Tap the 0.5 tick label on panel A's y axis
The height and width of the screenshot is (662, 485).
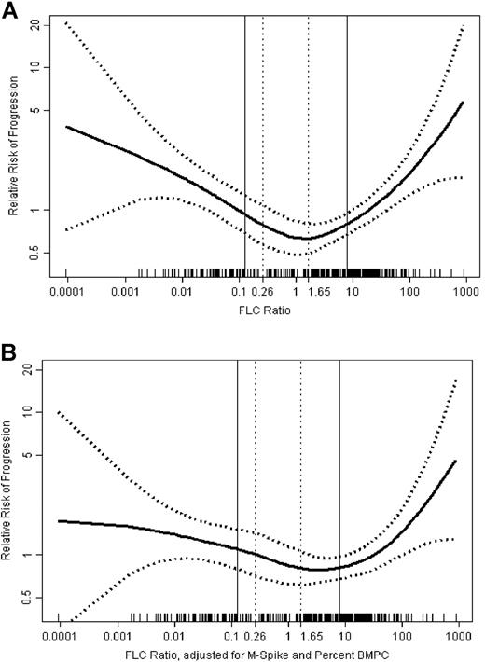(35, 253)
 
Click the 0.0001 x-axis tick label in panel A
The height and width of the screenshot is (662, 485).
(66, 293)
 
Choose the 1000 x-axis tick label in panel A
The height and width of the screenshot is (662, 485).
(459, 293)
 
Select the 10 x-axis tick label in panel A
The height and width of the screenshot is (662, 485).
(352, 293)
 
